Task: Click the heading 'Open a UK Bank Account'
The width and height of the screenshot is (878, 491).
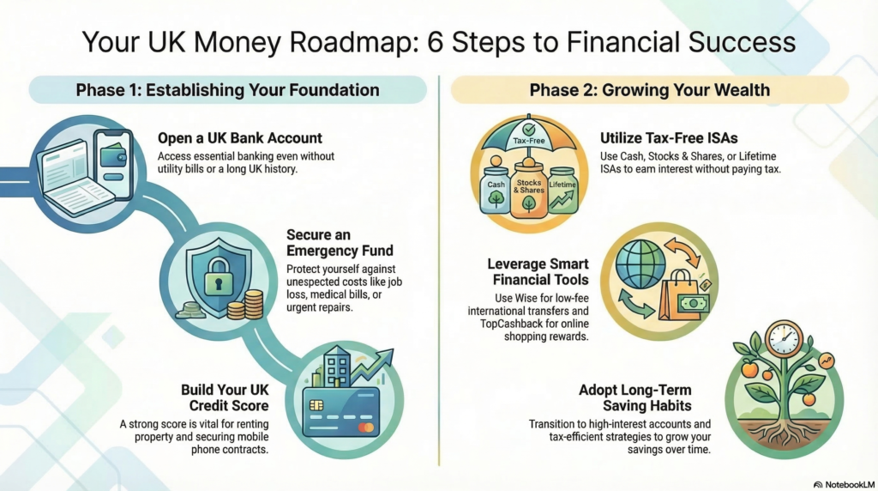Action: pyautogui.click(x=240, y=138)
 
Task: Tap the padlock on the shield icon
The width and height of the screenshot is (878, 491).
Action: pyautogui.click(x=218, y=276)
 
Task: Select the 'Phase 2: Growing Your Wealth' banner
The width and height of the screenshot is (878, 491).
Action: pyautogui.click(x=650, y=89)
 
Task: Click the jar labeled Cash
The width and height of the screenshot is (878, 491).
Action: pyautogui.click(x=495, y=189)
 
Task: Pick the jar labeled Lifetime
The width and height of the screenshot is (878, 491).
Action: pyautogui.click(x=562, y=190)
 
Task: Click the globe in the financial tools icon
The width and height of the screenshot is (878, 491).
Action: pyautogui.click(x=640, y=264)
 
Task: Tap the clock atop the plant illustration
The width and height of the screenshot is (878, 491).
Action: pyautogui.click(x=784, y=338)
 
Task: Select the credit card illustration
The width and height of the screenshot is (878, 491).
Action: pyautogui.click(x=341, y=412)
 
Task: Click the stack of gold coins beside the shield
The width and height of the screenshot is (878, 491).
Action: pyautogui.click(x=248, y=305)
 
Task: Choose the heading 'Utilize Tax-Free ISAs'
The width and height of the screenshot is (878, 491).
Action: pyautogui.click(x=669, y=138)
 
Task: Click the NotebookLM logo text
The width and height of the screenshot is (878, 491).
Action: pyautogui.click(x=845, y=484)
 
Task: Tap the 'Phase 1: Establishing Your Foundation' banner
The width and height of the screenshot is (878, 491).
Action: pyautogui.click(x=227, y=89)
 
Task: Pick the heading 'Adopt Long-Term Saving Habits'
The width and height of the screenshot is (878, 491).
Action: pyautogui.click(x=635, y=397)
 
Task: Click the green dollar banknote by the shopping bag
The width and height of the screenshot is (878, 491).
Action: pyautogui.click(x=693, y=304)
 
